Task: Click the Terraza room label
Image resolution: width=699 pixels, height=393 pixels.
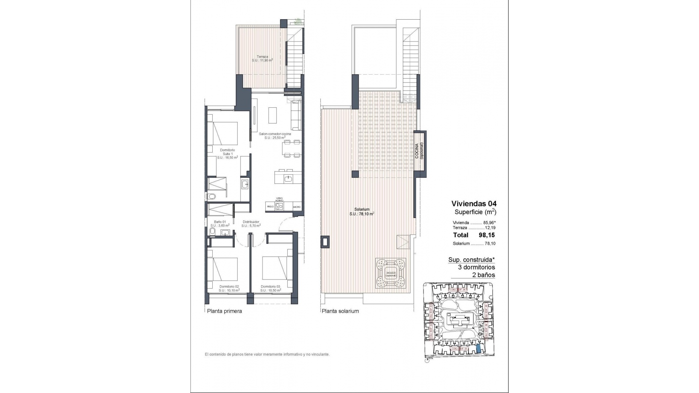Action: click(x=262, y=56)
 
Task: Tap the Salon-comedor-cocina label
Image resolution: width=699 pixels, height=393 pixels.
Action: click(x=275, y=134)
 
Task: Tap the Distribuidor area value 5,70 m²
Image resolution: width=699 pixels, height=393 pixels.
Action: click(x=251, y=226)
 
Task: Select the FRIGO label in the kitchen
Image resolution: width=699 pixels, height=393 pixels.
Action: click(x=270, y=207)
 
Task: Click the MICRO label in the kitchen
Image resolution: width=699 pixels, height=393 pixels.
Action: click(x=297, y=207)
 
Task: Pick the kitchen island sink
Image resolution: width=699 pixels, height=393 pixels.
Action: click(x=289, y=178)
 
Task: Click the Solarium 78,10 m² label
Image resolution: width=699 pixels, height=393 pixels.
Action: click(x=362, y=212)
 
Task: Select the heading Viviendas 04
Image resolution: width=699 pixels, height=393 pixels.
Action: click(x=474, y=204)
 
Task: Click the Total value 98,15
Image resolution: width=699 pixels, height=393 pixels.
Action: click(x=486, y=235)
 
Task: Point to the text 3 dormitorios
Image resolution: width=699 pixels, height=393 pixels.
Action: click(x=476, y=267)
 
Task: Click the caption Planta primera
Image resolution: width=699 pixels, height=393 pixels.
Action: click(x=224, y=311)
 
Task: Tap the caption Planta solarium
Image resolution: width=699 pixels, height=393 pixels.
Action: click(x=340, y=311)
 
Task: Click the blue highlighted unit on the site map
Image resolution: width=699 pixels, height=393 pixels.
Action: click(x=478, y=349)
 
